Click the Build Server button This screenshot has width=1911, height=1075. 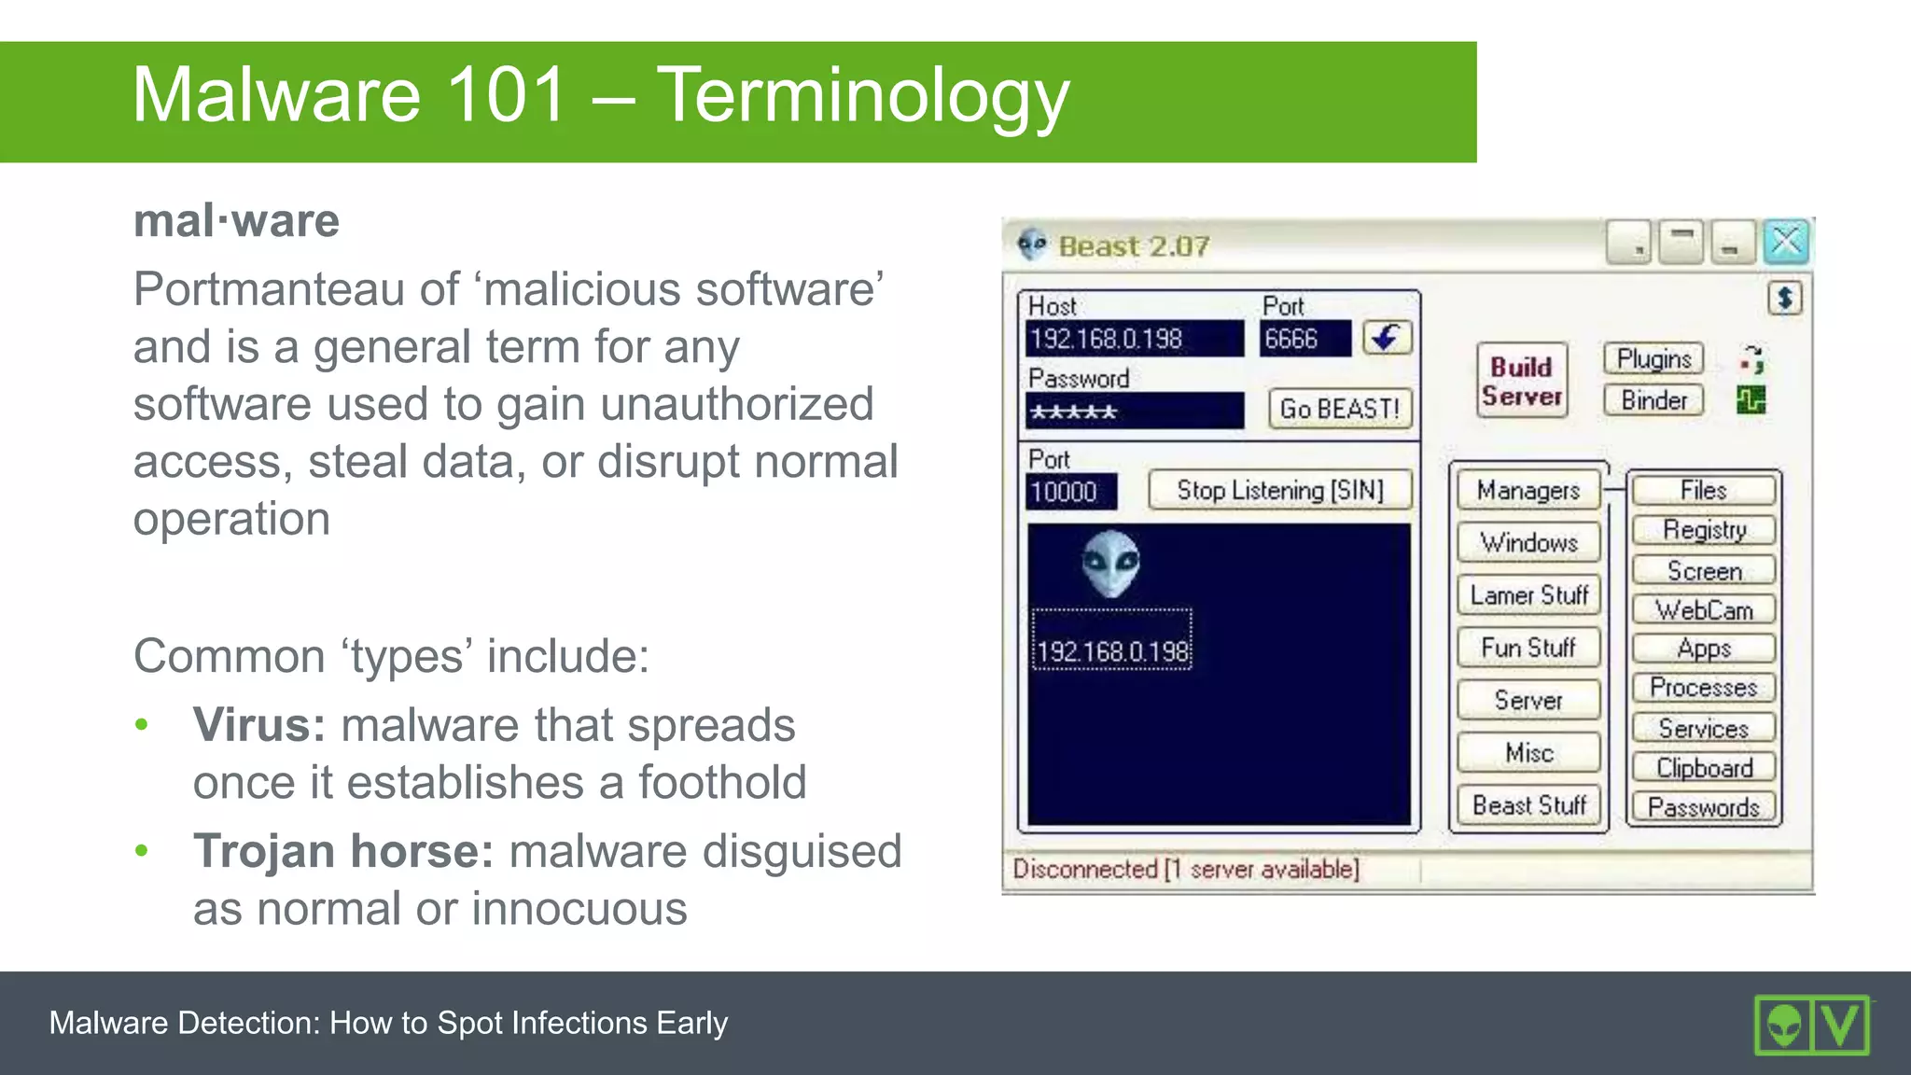coord(1522,381)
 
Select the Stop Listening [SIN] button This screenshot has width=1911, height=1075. coord(1279,490)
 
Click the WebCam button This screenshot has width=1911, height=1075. coord(1704,609)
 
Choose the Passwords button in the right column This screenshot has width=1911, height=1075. coord(1704,806)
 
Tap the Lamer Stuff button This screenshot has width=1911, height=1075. coord(1528,594)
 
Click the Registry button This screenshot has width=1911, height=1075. coord(1704,530)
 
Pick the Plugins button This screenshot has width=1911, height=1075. coord(1653,359)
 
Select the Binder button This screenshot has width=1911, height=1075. coord(1653,400)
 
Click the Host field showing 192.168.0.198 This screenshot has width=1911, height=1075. coord(1134,339)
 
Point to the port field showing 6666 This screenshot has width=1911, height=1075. coord(1304,339)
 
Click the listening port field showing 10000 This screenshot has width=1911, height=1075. coord(1071,492)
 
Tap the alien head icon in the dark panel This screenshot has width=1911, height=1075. coord(1110,564)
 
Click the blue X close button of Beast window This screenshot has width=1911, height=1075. coord(1786,243)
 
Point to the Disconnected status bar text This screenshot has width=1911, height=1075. coord(1185,869)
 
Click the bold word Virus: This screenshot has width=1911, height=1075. coord(259,725)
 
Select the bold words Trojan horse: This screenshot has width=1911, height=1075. coord(342,851)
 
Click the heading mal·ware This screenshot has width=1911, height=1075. coord(236,221)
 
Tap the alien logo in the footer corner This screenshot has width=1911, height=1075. coord(1784,1026)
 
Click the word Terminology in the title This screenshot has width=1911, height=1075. coord(862,95)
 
